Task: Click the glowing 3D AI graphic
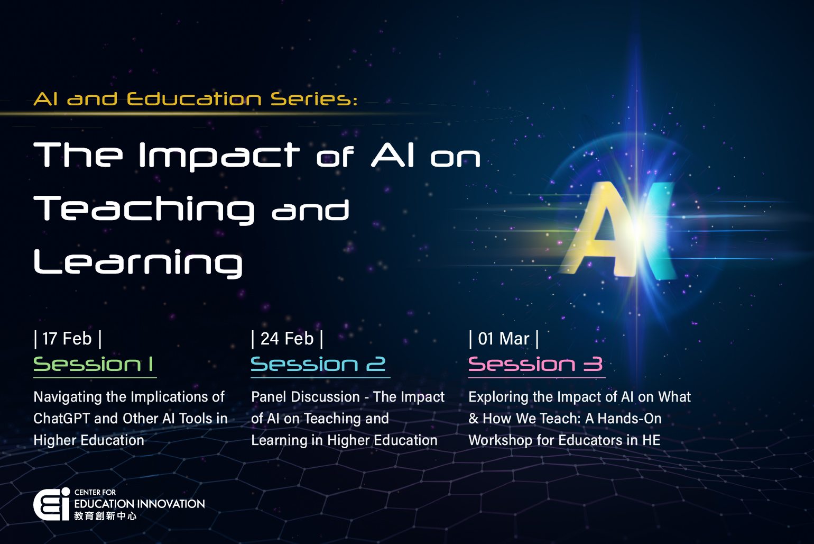tap(621, 230)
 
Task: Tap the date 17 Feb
tap(67, 339)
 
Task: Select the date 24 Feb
tap(287, 339)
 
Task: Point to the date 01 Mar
tap(504, 339)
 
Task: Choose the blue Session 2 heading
tap(318, 364)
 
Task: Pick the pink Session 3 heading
tap(535, 364)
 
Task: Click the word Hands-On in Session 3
tap(630, 419)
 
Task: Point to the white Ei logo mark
tap(51, 504)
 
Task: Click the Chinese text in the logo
tap(105, 516)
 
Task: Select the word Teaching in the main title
tap(144, 209)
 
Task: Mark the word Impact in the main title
tap(219, 156)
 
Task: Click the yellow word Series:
tap(314, 99)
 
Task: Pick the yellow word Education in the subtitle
tap(194, 99)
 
